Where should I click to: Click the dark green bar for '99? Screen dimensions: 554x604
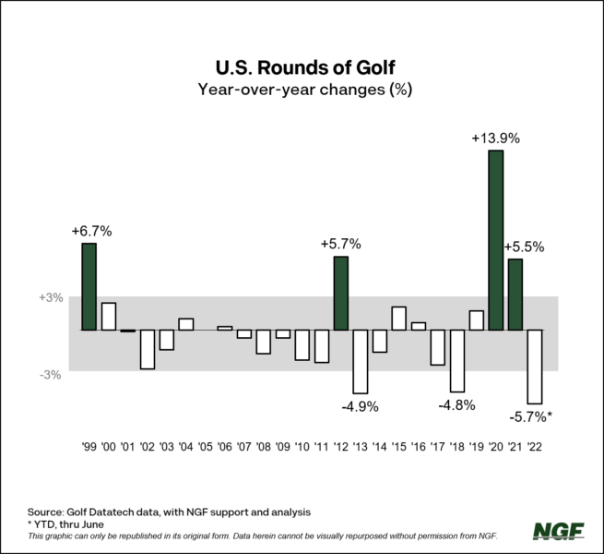pyautogui.click(x=89, y=286)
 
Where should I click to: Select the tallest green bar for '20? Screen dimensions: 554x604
pyautogui.click(x=495, y=240)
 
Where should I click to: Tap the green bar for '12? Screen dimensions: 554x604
pyautogui.click(x=340, y=294)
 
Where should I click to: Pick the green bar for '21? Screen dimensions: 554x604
pyautogui.click(x=515, y=295)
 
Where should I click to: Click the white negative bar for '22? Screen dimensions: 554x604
pyautogui.click(x=534, y=367)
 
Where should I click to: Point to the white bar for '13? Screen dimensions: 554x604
pyautogui.click(x=360, y=361)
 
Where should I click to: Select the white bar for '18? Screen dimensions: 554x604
pyautogui.click(x=456, y=360)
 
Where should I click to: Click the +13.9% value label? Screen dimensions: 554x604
pyautogui.click(x=495, y=138)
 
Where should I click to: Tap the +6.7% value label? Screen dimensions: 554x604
pyautogui.click(x=90, y=231)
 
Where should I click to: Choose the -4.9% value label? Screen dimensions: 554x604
pyautogui.click(x=360, y=406)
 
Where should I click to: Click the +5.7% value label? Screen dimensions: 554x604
pyautogui.click(x=340, y=245)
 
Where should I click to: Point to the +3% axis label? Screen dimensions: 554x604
pyautogui.click(x=51, y=298)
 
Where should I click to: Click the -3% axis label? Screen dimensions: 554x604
pyautogui.click(x=51, y=374)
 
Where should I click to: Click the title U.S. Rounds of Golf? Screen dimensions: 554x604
pyautogui.click(x=302, y=66)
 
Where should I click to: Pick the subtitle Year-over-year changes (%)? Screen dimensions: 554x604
pyautogui.click(x=302, y=90)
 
